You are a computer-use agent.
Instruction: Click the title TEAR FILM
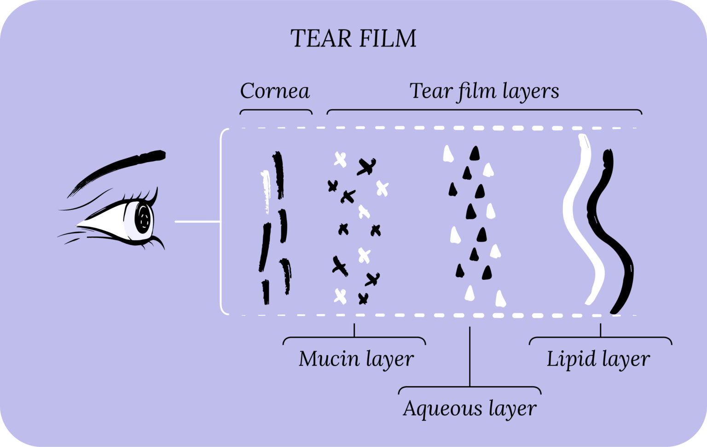[x=353, y=39]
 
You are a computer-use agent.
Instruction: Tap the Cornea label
[x=275, y=91]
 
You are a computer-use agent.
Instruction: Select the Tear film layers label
[x=484, y=91]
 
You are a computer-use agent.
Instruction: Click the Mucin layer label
[x=356, y=359]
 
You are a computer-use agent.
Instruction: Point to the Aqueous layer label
[x=469, y=408]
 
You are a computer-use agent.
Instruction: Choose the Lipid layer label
[x=598, y=359]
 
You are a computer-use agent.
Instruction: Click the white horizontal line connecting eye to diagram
[x=197, y=222]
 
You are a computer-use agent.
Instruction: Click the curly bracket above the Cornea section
[x=276, y=111]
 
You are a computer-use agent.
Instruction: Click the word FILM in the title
[x=387, y=39]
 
